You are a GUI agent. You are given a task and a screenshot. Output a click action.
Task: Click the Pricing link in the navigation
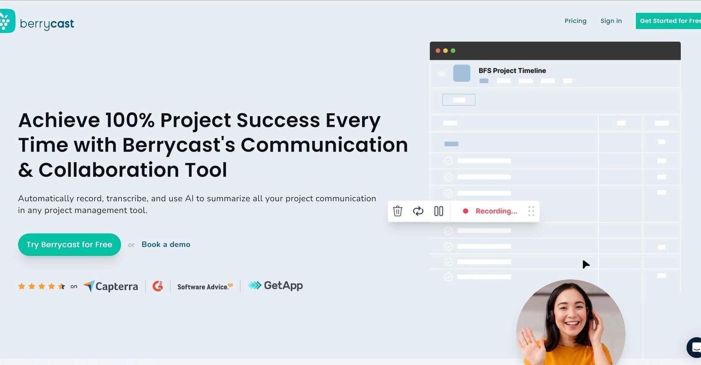pos(575,21)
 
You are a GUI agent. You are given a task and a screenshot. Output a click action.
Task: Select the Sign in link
pos(611,21)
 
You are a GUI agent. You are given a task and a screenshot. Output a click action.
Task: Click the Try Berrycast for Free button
pos(69,244)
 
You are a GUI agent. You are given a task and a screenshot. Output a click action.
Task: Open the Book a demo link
pos(166,244)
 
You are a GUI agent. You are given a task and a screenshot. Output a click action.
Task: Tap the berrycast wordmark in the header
pos(47,24)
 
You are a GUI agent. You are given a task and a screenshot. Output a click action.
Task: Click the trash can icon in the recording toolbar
pos(397,211)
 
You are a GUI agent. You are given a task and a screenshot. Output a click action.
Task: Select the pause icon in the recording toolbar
pos(439,211)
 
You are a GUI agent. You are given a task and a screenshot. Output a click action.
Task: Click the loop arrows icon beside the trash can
pos(418,211)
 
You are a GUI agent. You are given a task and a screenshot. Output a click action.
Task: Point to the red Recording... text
pos(497,211)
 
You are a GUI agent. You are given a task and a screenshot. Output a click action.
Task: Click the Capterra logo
pos(111,286)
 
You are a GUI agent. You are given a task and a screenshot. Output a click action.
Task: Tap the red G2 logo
pos(158,286)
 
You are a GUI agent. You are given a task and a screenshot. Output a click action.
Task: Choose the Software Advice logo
pos(205,287)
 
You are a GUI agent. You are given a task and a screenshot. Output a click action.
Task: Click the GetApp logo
pos(275,285)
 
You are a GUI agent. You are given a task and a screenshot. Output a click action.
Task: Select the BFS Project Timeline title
pos(512,70)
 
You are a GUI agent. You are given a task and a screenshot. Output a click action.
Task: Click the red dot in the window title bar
pos(438,50)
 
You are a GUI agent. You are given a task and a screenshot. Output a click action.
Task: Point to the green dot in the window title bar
pos(453,50)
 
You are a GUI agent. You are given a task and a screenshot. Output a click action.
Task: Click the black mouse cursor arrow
pos(585,264)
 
